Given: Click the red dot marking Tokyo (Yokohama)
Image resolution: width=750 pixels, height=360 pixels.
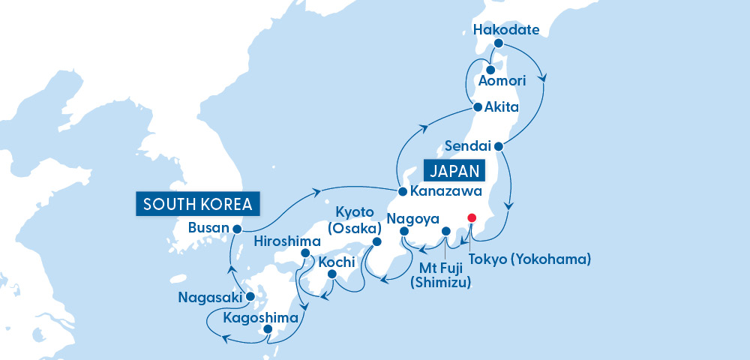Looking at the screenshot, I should pyautogui.click(x=472, y=218).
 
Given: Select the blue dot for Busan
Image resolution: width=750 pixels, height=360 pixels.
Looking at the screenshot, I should pyautogui.click(x=237, y=229).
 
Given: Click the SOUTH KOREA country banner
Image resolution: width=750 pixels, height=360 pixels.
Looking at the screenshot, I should pyautogui.click(x=197, y=204).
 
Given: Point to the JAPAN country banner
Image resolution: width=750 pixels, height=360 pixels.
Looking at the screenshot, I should pyautogui.click(x=454, y=170).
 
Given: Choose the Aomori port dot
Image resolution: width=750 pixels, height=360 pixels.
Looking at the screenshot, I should pyautogui.click(x=490, y=70).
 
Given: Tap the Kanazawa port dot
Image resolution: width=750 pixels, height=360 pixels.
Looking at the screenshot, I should pyautogui.click(x=403, y=191).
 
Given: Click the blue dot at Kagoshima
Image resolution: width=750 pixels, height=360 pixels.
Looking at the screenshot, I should pyautogui.click(x=267, y=328).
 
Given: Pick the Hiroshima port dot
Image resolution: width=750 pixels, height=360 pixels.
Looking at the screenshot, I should pyautogui.click(x=305, y=253).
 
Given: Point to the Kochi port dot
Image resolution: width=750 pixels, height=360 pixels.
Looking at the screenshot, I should pyautogui.click(x=331, y=274).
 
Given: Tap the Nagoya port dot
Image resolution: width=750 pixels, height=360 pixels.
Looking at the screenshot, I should pyautogui.click(x=403, y=232).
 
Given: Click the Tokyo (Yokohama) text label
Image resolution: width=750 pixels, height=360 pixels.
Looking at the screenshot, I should pyautogui.click(x=530, y=260).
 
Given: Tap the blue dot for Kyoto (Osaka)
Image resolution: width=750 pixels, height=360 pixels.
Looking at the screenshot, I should pyautogui.click(x=376, y=241).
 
